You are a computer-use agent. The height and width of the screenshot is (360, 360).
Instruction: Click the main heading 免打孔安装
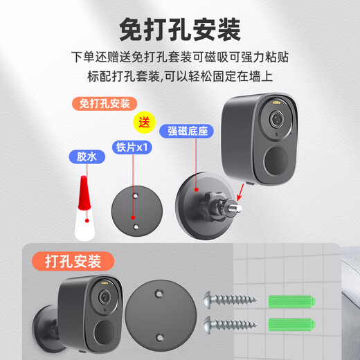(180, 30)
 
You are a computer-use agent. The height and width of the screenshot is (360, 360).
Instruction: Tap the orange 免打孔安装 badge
(105, 104)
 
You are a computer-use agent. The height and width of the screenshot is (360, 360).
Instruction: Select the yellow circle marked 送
(145, 123)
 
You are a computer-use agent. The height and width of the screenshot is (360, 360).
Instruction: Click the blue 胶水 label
(87, 157)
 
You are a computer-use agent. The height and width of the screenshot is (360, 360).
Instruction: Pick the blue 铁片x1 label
(132, 147)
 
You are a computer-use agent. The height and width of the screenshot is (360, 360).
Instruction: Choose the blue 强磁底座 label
(186, 131)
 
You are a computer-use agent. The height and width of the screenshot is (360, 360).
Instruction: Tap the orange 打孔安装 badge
(73, 261)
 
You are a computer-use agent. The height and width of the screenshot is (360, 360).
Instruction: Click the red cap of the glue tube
(84, 193)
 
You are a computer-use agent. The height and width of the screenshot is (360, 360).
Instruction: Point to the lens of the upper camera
(276, 119)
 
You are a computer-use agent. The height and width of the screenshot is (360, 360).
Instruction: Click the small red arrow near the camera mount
(241, 192)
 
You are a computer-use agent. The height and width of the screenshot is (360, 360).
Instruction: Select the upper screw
(231, 299)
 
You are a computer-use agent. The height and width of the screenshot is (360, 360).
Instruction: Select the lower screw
(231, 325)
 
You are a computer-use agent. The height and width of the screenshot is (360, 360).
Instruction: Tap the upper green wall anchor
(292, 301)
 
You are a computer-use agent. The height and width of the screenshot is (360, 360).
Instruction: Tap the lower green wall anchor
(292, 324)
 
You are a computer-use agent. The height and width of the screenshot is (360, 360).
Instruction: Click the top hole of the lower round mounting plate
(159, 294)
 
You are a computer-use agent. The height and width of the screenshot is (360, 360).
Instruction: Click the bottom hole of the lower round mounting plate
(159, 337)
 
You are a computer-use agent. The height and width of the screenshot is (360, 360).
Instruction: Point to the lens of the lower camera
(105, 296)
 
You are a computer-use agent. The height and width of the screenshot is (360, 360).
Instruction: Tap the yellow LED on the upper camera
(277, 102)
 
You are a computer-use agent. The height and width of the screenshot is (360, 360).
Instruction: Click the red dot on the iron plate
(133, 217)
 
